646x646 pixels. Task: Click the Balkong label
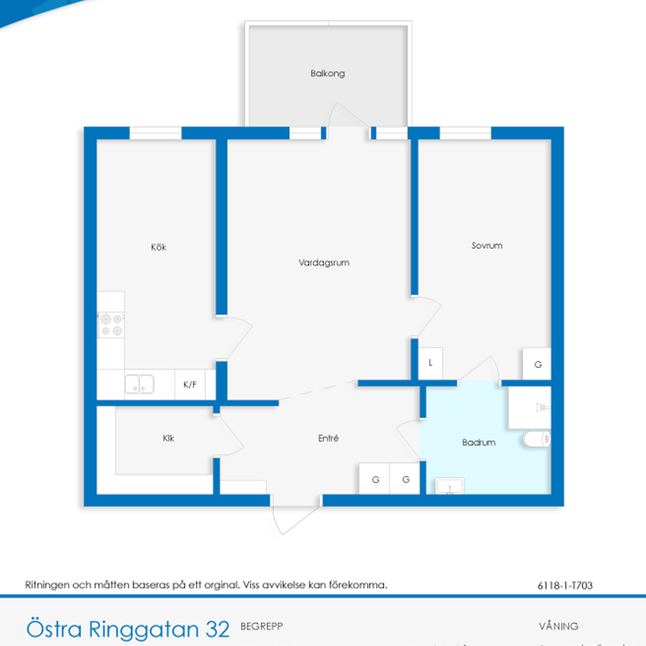[327, 74]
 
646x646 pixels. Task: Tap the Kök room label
[158, 247]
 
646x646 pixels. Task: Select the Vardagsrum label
[324, 263]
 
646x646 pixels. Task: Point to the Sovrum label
[486, 246]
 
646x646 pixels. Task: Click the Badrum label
[479, 443]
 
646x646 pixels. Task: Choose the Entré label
[328, 439]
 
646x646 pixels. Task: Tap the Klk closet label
[168, 439]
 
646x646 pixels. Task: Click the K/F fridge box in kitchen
[190, 385]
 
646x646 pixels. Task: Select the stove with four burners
[111, 324]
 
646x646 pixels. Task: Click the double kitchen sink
[139, 384]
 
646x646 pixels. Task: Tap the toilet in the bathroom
[537, 440]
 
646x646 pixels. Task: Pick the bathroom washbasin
[449, 487]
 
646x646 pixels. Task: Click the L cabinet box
[431, 363]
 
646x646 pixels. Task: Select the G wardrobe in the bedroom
[537, 364]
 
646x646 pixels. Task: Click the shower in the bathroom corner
[530, 407]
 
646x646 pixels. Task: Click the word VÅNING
[558, 627]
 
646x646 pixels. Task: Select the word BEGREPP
[262, 626]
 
